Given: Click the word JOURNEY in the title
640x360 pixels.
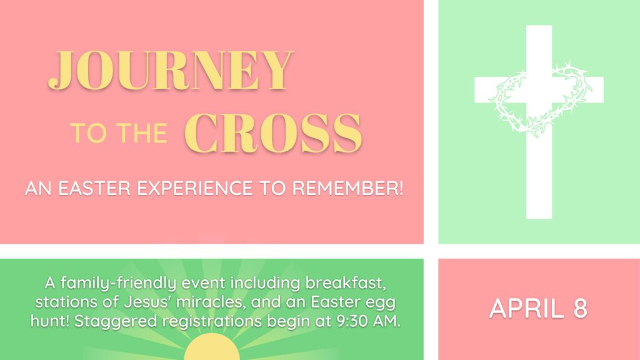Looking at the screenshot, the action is pos(171,70).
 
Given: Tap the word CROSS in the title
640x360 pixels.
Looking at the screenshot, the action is pos(273,133).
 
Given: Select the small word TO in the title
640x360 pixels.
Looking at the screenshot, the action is pos(88,133).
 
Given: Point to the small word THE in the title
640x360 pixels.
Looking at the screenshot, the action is pos(142,133).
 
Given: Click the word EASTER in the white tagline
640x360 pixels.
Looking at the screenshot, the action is pos(94,189).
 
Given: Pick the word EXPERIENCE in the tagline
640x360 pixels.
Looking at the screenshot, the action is pos(195,189).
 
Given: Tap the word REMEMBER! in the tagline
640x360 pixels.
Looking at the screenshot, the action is pos(347,189).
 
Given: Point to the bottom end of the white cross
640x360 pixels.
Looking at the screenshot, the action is pos(539,218).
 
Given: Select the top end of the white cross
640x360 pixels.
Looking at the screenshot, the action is pos(539,26).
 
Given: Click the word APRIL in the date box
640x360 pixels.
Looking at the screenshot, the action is pos(526,308).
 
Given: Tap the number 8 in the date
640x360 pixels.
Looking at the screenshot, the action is pos(580,308).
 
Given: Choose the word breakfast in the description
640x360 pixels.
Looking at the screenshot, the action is pos(345,283).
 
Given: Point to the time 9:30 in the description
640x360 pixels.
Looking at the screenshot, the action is pos(351,321).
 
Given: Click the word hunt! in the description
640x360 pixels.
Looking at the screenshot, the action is pos(50,321).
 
